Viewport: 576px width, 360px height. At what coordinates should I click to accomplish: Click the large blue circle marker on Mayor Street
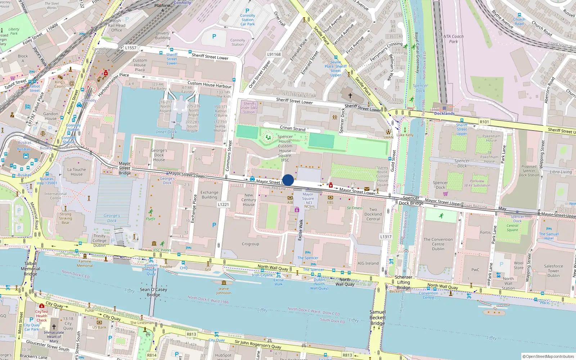(x=288, y=180)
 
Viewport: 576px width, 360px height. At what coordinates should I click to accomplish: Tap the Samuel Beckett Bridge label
(x=377, y=318)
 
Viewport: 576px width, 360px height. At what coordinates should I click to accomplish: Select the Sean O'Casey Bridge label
(x=153, y=292)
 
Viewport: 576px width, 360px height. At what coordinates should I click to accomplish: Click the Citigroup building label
(x=250, y=244)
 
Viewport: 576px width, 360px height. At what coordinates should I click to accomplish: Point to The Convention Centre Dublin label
(x=438, y=244)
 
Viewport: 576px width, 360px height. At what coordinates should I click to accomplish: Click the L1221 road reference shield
(x=223, y=204)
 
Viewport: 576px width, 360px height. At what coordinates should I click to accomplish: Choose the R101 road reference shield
(x=484, y=122)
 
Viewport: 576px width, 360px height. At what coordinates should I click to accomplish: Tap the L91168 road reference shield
(x=274, y=54)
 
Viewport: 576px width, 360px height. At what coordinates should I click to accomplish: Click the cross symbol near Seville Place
(x=350, y=96)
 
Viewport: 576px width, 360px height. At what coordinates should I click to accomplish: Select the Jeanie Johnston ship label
(x=224, y=291)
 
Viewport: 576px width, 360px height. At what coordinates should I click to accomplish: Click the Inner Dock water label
(x=166, y=132)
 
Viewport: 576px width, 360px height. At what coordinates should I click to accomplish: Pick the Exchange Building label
(x=209, y=195)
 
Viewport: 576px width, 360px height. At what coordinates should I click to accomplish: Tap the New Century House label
(x=248, y=200)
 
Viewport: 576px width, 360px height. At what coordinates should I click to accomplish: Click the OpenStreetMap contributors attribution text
(x=548, y=356)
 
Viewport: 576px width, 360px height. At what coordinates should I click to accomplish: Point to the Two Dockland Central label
(x=373, y=214)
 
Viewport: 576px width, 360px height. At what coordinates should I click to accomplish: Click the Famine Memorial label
(x=85, y=264)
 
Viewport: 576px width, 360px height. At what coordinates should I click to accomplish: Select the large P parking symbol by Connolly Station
(x=214, y=36)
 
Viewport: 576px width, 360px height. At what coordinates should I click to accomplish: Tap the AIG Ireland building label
(x=368, y=263)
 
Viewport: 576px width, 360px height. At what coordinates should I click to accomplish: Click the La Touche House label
(x=77, y=172)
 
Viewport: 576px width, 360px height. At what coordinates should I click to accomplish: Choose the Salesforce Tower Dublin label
(x=553, y=271)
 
